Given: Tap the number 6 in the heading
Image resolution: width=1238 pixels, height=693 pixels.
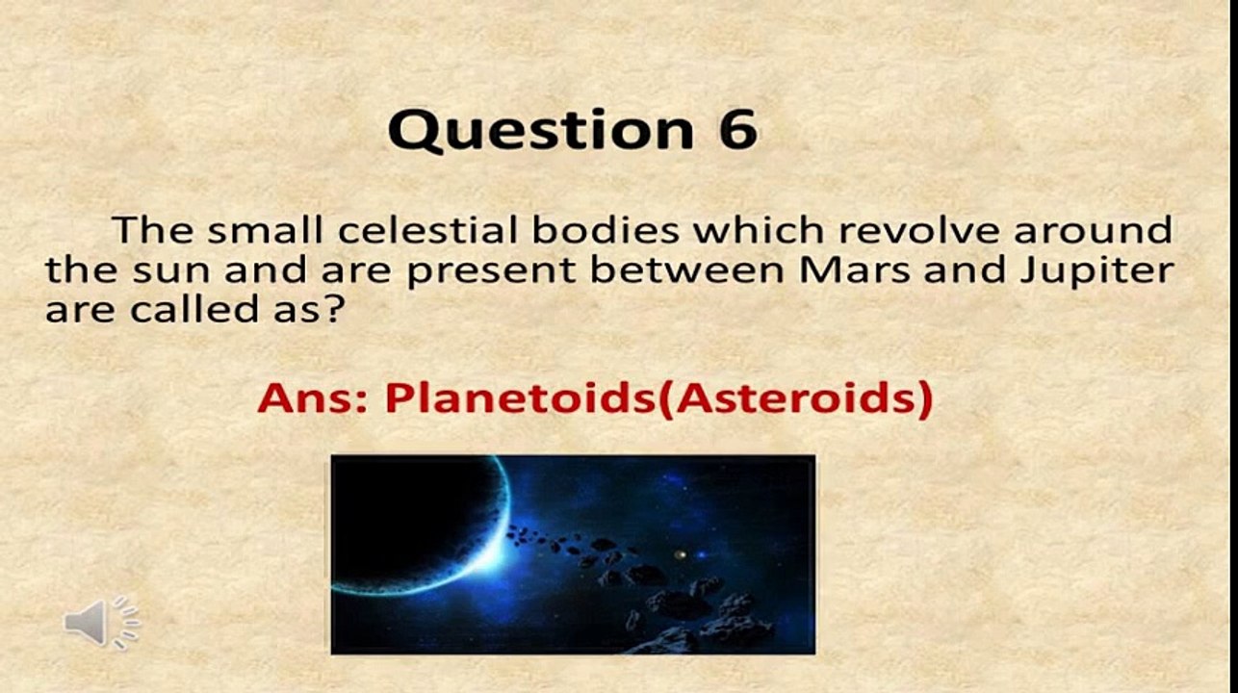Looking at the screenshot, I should click(735, 130).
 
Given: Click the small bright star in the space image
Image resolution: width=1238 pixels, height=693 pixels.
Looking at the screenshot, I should click(682, 555).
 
